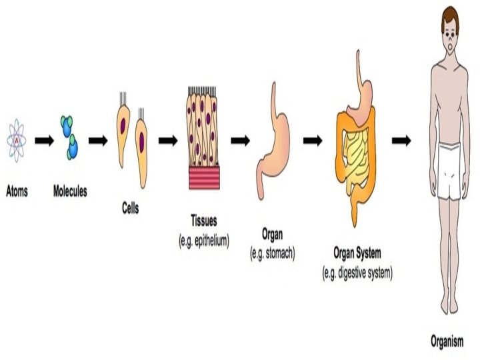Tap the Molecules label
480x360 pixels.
[x=69, y=191]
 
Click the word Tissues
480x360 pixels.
[x=203, y=221]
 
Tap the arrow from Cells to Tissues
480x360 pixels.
[x=168, y=141]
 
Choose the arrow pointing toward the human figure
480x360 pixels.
[x=400, y=141]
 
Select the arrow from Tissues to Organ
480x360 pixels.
[x=240, y=141]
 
